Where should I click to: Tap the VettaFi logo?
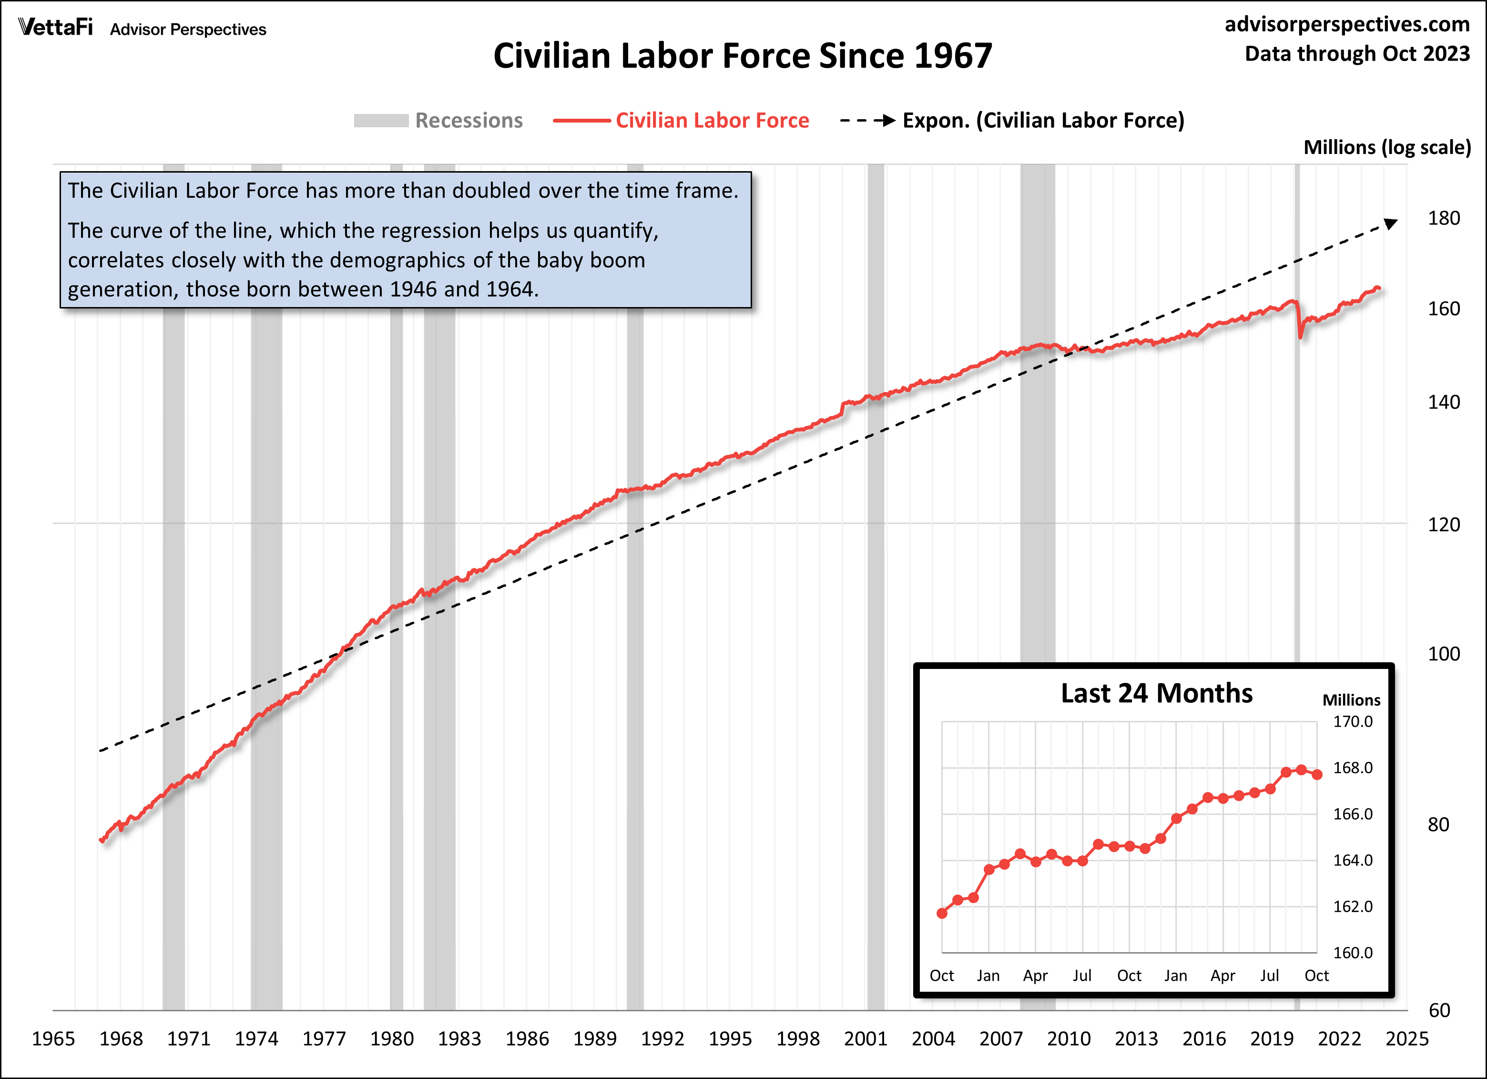(x=56, y=28)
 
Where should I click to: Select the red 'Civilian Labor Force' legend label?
(x=712, y=121)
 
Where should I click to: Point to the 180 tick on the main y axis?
(x=1443, y=218)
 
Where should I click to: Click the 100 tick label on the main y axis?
(x=1443, y=654)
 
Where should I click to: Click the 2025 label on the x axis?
(x=1406, y=1039)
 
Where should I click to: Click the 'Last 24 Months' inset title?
(x=1157, y=693)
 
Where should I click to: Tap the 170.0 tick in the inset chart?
(x=1353, y=721)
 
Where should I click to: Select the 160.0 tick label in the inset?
(x=1353, y=952)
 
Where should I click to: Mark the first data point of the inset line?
(x=942, y=913)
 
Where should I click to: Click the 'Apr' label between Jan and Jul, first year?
(x=1035, y=976)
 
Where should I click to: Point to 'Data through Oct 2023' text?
(x=1357, y=54)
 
